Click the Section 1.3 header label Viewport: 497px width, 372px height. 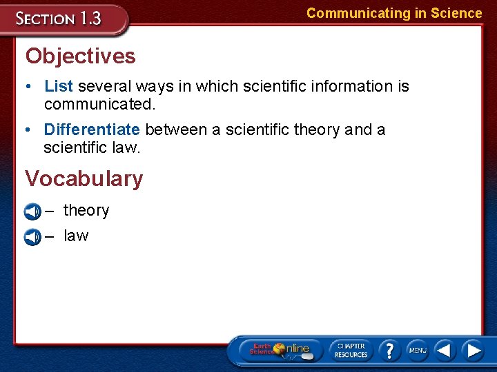point(59,19)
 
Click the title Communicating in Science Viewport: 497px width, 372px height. point(394,13)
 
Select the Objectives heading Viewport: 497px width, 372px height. point(80,56)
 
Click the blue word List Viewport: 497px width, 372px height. point(59,86)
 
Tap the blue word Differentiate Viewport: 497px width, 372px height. point(92,130)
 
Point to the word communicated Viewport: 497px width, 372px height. point(99,104)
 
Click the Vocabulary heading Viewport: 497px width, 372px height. point(84,178)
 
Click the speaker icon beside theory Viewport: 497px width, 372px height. point(32,211)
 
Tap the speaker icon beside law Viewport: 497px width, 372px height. point(32,237)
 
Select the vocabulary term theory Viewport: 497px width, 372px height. point(86,210)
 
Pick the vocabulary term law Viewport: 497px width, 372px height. point(76,236)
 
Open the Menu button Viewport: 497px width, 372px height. point(417,350)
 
